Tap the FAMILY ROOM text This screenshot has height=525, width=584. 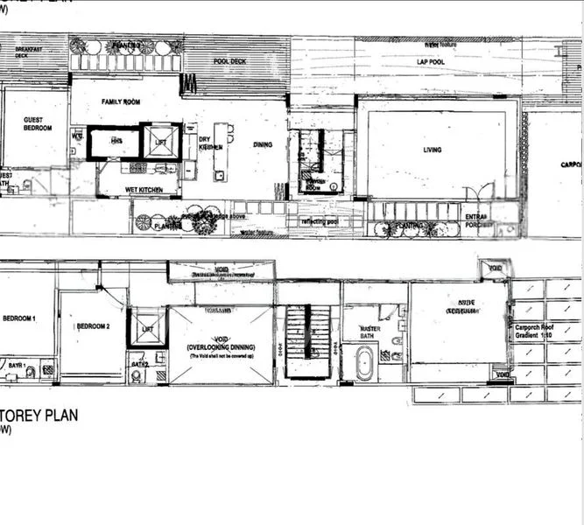121,102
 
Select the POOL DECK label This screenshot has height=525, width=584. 230,62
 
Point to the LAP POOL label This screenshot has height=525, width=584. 430,61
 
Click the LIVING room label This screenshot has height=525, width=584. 433,150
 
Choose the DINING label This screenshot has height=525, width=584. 263,145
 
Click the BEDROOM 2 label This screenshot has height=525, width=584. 92,326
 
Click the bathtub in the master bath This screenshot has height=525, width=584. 364,362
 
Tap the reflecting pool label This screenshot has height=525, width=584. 320,222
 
